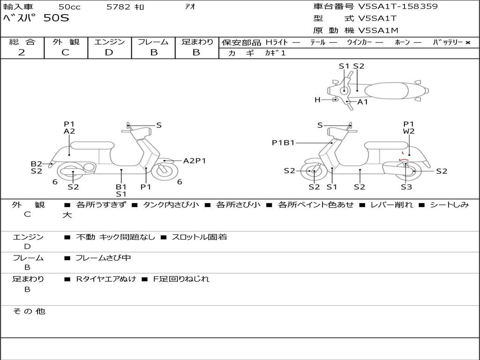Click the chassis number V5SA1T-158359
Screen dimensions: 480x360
click(x=398, y=7)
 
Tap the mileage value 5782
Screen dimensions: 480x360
click(x=119, y=7)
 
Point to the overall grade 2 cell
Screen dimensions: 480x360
click(x=22, y=52)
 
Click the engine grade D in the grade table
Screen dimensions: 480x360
click(x=109, y=52)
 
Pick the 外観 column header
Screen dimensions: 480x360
click(x=66, y=42)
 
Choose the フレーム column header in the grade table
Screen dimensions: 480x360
click(x=153, y=42)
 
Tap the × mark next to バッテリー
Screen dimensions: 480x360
click(x=467, y=43)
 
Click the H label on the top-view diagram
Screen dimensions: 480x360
click(x=317, y=100)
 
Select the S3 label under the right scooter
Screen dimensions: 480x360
click(x=406, y=187)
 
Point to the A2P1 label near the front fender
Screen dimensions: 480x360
click(x=195, y=161)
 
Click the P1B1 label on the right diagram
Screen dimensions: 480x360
click(x=283, y=143)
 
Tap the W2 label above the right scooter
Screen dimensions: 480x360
click(x=409, y=132)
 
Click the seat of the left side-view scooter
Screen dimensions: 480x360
click(x=92, y=145)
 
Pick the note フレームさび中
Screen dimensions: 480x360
click(x=103, y=258)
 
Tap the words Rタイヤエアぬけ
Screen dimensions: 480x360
click(x=106, y=279)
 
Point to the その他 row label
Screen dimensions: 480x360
click(x=29, y=311)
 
